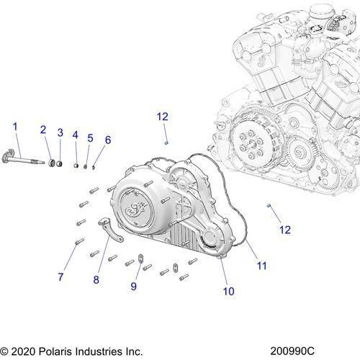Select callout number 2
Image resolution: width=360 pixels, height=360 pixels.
coord(43,130)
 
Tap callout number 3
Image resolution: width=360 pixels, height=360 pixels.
coord(60,132)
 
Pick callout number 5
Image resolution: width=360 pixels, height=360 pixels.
coord(90,138)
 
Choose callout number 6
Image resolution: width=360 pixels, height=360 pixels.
coord(108,139)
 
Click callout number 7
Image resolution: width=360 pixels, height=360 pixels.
coord(61,276)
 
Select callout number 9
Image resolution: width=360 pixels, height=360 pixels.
coord(133,287)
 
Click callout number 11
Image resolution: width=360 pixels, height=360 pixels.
coord(262,266)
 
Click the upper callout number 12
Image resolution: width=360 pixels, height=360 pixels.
coord(163,117)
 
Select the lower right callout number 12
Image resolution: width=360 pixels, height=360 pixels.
coord(284,230)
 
